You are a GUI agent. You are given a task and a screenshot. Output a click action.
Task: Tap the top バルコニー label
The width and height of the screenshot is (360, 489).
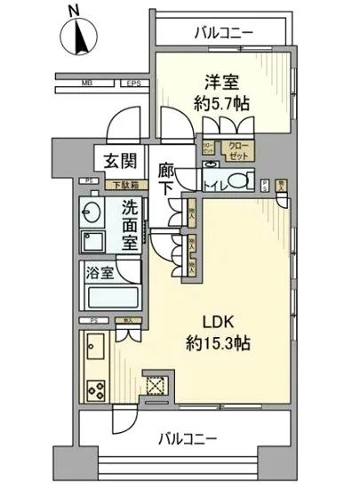[223, 32]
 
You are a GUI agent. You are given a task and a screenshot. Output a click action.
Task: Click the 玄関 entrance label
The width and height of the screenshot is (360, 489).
[116, 163]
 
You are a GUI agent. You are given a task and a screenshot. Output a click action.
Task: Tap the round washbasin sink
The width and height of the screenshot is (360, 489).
[91, 212]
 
